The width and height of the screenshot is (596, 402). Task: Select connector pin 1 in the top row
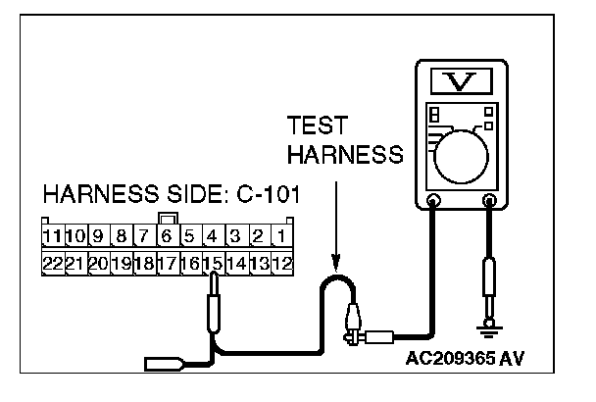282,235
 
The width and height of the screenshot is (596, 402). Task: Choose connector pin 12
282,263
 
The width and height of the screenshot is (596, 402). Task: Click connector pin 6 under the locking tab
168,235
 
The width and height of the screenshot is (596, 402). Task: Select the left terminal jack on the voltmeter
432,203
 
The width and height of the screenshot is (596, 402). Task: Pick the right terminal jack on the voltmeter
488,203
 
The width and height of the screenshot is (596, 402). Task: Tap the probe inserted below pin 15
214,312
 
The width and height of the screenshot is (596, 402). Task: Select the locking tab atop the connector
168,219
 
